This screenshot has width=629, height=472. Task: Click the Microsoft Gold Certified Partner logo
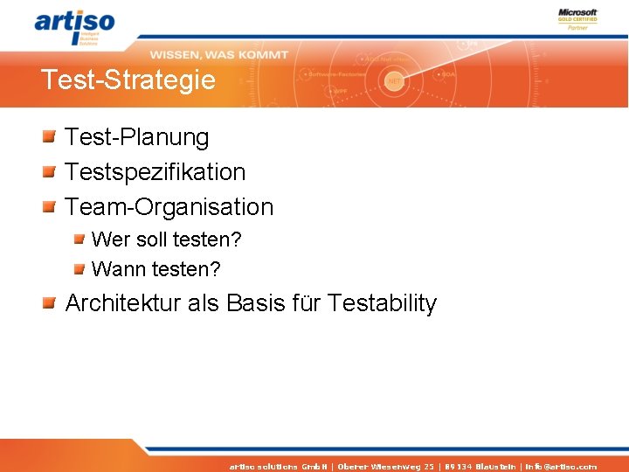tap(577, 19)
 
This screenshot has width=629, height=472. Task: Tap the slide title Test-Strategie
tap(128, 80)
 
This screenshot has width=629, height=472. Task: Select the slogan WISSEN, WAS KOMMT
tap(218, 54)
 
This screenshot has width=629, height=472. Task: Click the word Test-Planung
tap(137, 137)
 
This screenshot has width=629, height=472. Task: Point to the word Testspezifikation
tap(156, 172)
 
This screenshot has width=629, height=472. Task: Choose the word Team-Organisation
tap(169, 207)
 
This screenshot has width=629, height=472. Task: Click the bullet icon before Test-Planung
tap(51, 136)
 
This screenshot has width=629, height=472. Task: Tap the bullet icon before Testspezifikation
tap(51, 171)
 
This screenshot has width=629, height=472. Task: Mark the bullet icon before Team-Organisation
tap(51, 206)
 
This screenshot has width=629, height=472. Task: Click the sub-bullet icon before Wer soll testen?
tap(79, 239)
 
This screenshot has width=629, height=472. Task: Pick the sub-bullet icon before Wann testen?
tap(79, 268)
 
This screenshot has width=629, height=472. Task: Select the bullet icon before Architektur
tap(51, 303)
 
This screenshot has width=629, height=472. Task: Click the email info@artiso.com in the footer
tap(561, 467)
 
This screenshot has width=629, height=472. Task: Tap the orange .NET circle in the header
tap(395, 80)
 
